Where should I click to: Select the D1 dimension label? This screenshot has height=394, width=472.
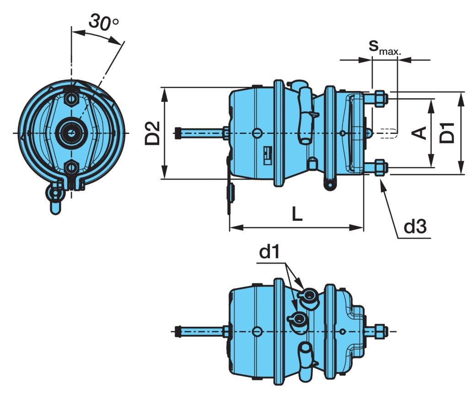(x=448, y=133)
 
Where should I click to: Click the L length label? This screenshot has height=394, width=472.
(x=297, y=214)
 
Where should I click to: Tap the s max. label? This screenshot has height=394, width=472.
(x=385, y=48)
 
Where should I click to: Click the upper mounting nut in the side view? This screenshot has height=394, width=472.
(x=380, y=99)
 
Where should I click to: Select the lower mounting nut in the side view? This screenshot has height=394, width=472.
(x=380, y=167)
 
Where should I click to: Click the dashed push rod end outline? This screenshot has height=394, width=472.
(x=389, y=133)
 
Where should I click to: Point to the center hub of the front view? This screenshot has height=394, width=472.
(x=71, y=133)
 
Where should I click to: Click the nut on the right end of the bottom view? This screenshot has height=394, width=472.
(x=380, y=330)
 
